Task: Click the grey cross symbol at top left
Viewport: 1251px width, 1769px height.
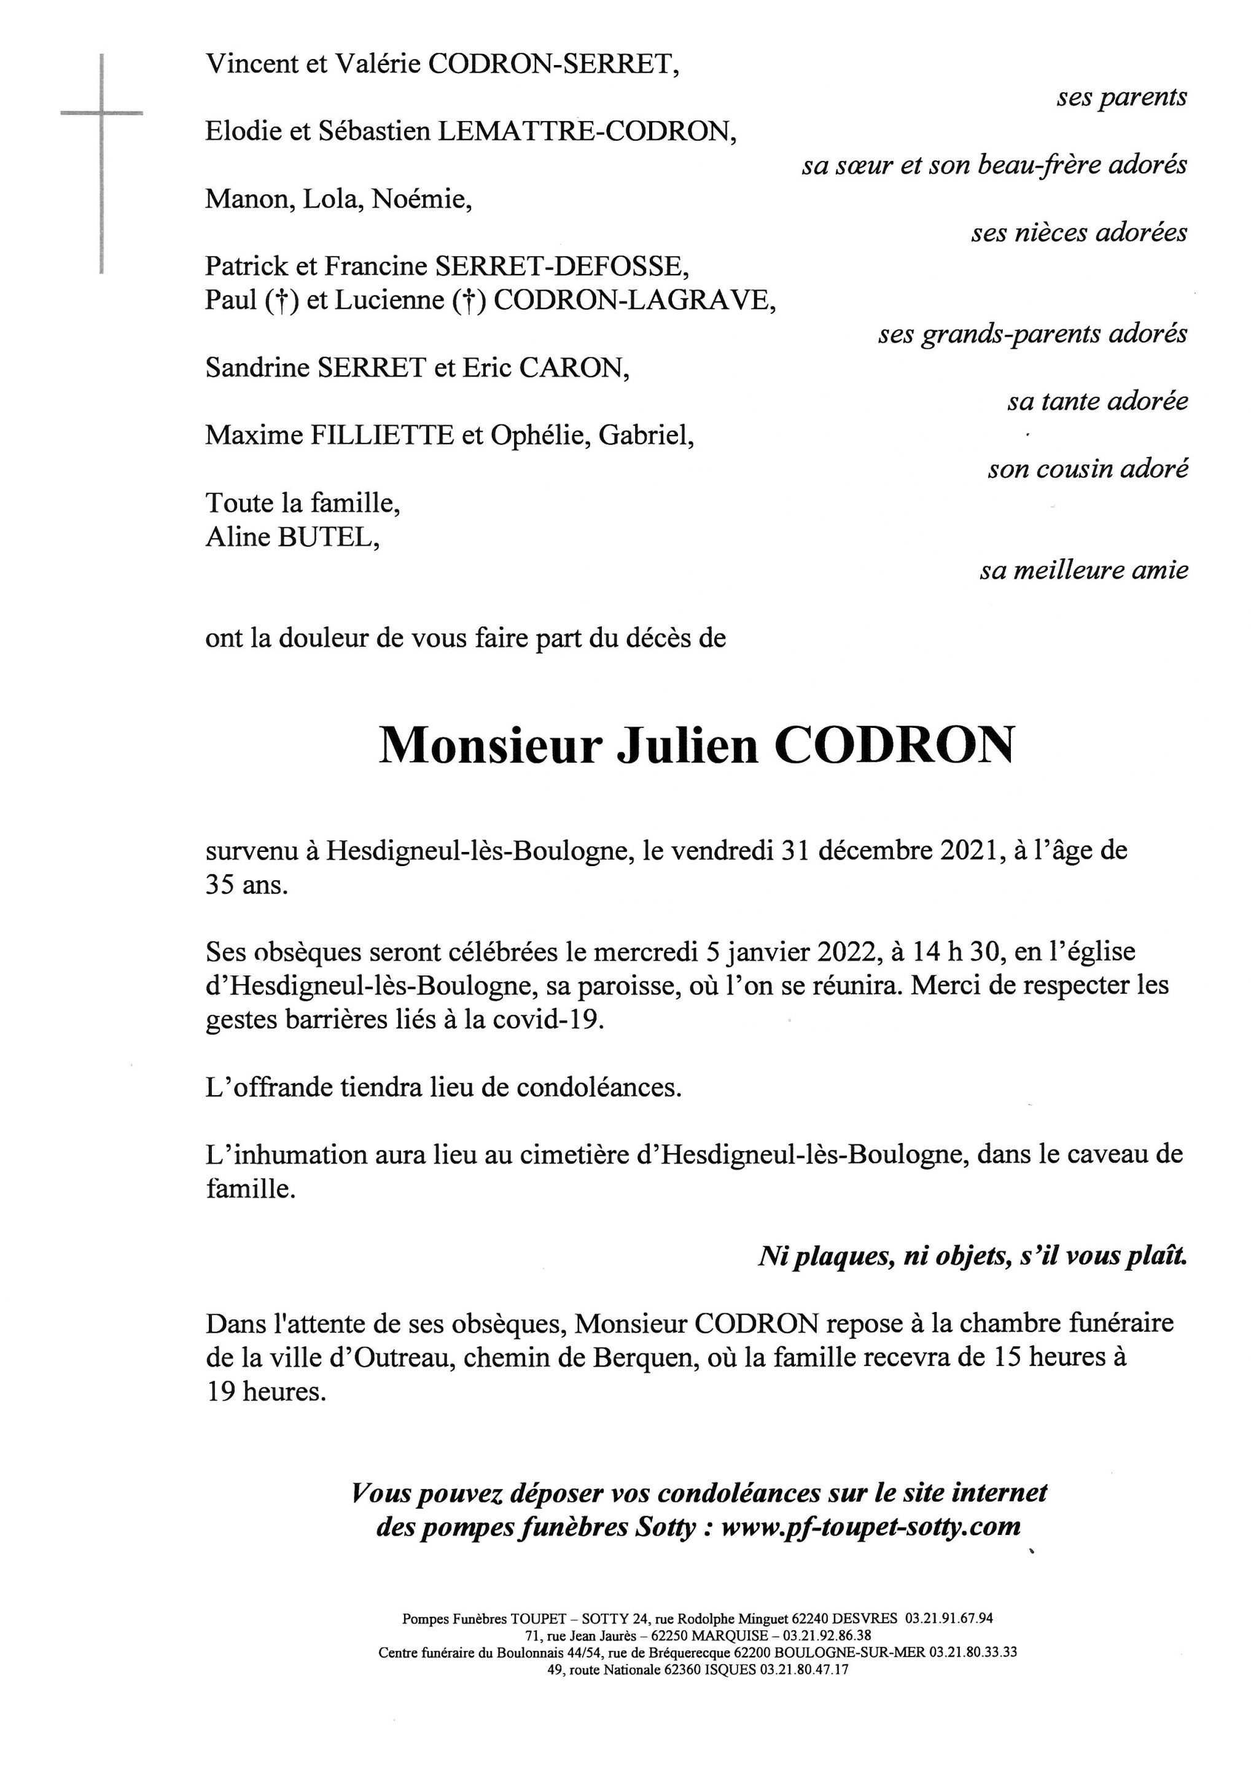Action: pyautogui.click(x=102, y=114)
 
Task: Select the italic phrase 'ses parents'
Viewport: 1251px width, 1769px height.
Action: pyautogui.click(x=1121, y=97)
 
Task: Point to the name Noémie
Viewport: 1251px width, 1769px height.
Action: pyautogui.click(x=421, y=200)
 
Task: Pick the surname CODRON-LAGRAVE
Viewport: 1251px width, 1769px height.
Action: pyautogui.click(x=633, y=300)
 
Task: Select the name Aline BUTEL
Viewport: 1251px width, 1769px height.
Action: pyautogui.click(x=293, y=537)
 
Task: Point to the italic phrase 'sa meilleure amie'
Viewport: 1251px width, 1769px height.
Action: pyautogui.click(x=1084, y=570)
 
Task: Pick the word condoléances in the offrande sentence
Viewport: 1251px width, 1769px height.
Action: pyautogui.click(x=599, y=1088)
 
